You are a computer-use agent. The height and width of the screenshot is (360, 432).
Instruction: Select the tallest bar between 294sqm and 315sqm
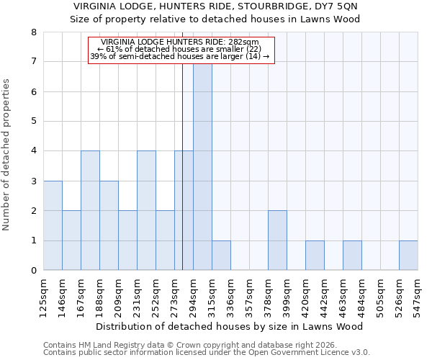tap(202, 166)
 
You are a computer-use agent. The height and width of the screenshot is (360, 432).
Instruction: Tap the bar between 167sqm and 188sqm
tap(90, 210)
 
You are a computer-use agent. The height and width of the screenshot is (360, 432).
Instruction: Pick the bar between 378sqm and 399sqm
tap(277, 240)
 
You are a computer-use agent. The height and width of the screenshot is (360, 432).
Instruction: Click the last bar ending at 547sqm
tap(408, 256)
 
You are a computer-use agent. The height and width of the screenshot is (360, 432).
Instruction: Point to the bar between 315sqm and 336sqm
tap(221, 256)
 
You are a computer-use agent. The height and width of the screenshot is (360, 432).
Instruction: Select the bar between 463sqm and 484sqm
tap(352, 256)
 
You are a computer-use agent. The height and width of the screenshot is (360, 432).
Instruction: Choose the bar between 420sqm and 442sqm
tap(315, 256)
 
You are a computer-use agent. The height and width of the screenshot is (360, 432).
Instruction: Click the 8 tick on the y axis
tap(33, 32)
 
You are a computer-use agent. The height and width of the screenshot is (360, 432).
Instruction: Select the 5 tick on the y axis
tap(33, 122)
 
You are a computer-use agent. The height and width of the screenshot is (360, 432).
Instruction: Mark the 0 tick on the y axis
tap(33, 271)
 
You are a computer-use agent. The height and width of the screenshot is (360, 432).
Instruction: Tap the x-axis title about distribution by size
tap(230, 327)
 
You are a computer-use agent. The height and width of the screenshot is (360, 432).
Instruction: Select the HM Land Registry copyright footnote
tap(205, 345)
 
